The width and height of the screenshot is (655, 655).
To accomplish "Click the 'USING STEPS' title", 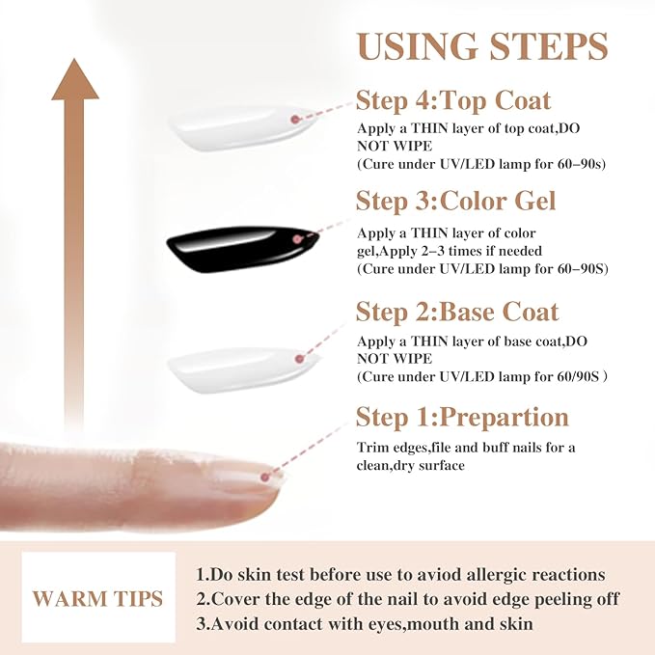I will (x=482, y=46).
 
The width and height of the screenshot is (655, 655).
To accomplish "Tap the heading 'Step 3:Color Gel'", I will (x=456, y=201).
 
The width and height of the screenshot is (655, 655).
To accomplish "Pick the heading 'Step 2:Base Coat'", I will (x=457, y=312).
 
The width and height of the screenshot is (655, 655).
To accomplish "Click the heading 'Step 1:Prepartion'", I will (x=462, y=417).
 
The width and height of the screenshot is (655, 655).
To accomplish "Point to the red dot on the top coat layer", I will (x=295, y=120).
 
